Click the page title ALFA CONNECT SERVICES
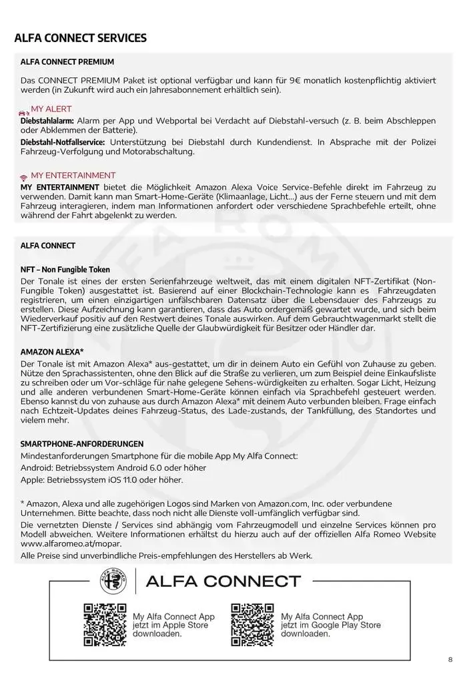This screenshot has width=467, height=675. click(80, 38)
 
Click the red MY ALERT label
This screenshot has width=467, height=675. click(51, 109)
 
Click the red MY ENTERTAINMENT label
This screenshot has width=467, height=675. click(73, 176)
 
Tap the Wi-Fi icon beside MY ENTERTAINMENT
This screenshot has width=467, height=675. click(24, 176)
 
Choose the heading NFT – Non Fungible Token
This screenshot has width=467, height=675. click(65, 269)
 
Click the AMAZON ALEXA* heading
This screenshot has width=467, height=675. click(52, 351)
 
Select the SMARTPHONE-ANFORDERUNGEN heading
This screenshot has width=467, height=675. click(82, 444)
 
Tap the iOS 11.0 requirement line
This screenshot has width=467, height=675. click(101, 479)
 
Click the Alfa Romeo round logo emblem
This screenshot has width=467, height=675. click(113, 580)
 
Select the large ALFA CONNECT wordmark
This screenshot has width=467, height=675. click(223, 581)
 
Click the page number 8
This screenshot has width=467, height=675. click(450, 660)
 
